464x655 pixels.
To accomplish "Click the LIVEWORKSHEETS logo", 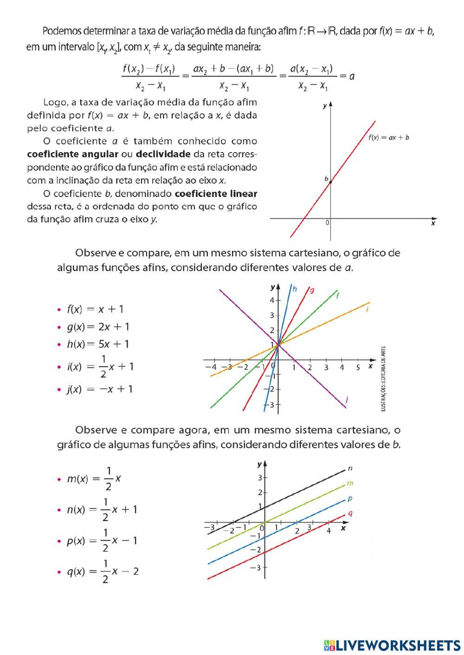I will tap(392, 645).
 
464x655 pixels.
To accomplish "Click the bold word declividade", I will tap(163, 154).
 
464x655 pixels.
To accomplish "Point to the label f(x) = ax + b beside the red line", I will tap(388, 138).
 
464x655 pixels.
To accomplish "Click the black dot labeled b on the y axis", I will tap(330, 182).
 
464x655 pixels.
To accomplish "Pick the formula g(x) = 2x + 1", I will tap(98, 327).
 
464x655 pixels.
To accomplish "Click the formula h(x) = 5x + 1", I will tap(98, 344).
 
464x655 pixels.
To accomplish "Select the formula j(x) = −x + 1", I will tap(99, 389).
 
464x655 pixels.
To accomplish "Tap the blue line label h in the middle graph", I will tap(295, 289).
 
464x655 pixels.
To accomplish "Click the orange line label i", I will tap(367, 309).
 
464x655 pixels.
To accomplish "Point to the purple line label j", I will tap(347, 399).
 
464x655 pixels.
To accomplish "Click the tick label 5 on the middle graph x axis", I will tap(358, 368).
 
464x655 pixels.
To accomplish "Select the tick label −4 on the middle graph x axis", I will tap(211, 367).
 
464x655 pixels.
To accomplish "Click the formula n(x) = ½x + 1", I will tap(102, 510).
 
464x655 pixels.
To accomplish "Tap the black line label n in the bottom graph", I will tap(350, 469).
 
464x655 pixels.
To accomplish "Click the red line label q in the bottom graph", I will tap(350, 513).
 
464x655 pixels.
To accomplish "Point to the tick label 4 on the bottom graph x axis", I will tap(329, 530).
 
